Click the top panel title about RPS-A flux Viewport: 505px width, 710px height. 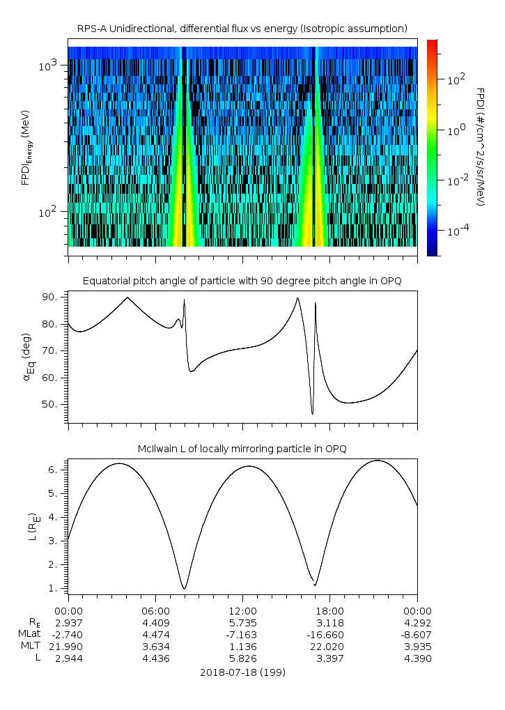tap(242, 29)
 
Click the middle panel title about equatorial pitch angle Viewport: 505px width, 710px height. tap(242, 281)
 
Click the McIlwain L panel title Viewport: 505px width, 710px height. tap(242, 449)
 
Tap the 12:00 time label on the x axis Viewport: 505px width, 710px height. tap(242, 610)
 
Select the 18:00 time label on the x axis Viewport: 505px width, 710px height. tap(329, 610)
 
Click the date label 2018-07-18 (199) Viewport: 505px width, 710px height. tap(242, 672)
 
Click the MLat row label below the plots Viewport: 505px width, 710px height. tap(29, 634)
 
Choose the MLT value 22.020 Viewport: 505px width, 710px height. tap(329, 647)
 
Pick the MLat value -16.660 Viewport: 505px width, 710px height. tap(329, 634)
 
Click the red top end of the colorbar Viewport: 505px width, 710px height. tap(433, 43)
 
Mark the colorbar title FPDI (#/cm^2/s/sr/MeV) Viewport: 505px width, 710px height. tap(481, 147)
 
